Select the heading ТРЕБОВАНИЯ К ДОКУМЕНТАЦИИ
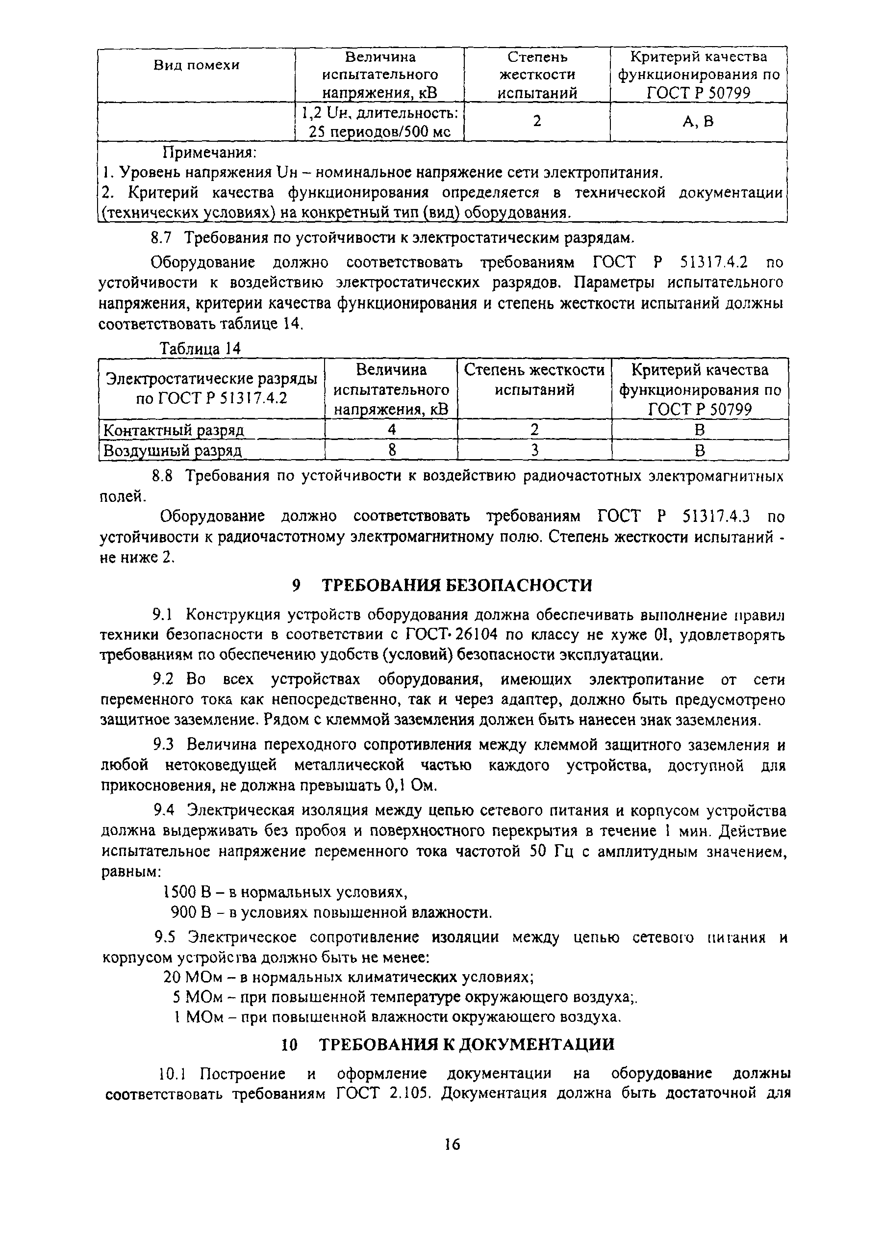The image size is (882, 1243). [466, 1044]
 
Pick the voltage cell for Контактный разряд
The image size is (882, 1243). [391, 430]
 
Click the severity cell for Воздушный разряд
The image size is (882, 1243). [534, 450]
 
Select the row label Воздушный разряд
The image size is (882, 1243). [173, 451]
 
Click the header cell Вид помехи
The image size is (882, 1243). [196, 66]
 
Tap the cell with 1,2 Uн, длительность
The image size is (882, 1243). [379, 122]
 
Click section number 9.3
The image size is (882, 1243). [163, 744]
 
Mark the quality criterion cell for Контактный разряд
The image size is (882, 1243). [700, 430]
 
